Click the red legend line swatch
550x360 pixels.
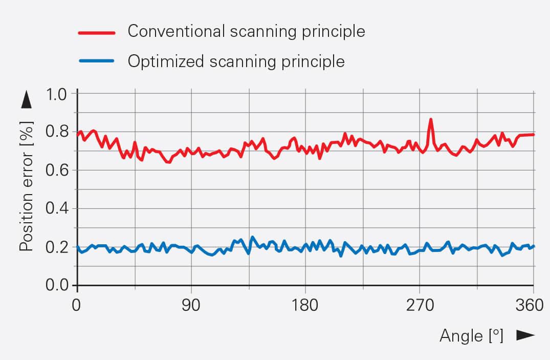coord(99,32)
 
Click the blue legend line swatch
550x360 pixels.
coord(99,61)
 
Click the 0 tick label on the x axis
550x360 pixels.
coord(77,306)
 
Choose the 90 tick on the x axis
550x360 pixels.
coord(191,306)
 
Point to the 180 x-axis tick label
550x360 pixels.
coord(305,306)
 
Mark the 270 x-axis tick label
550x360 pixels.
coord(420,306)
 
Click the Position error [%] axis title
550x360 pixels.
coord(26,186)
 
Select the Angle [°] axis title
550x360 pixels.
coord(471,336)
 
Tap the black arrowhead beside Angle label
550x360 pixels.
coord(525,335)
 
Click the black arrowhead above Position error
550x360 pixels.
coord(27,99)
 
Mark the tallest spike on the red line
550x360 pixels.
coord(431,120)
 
